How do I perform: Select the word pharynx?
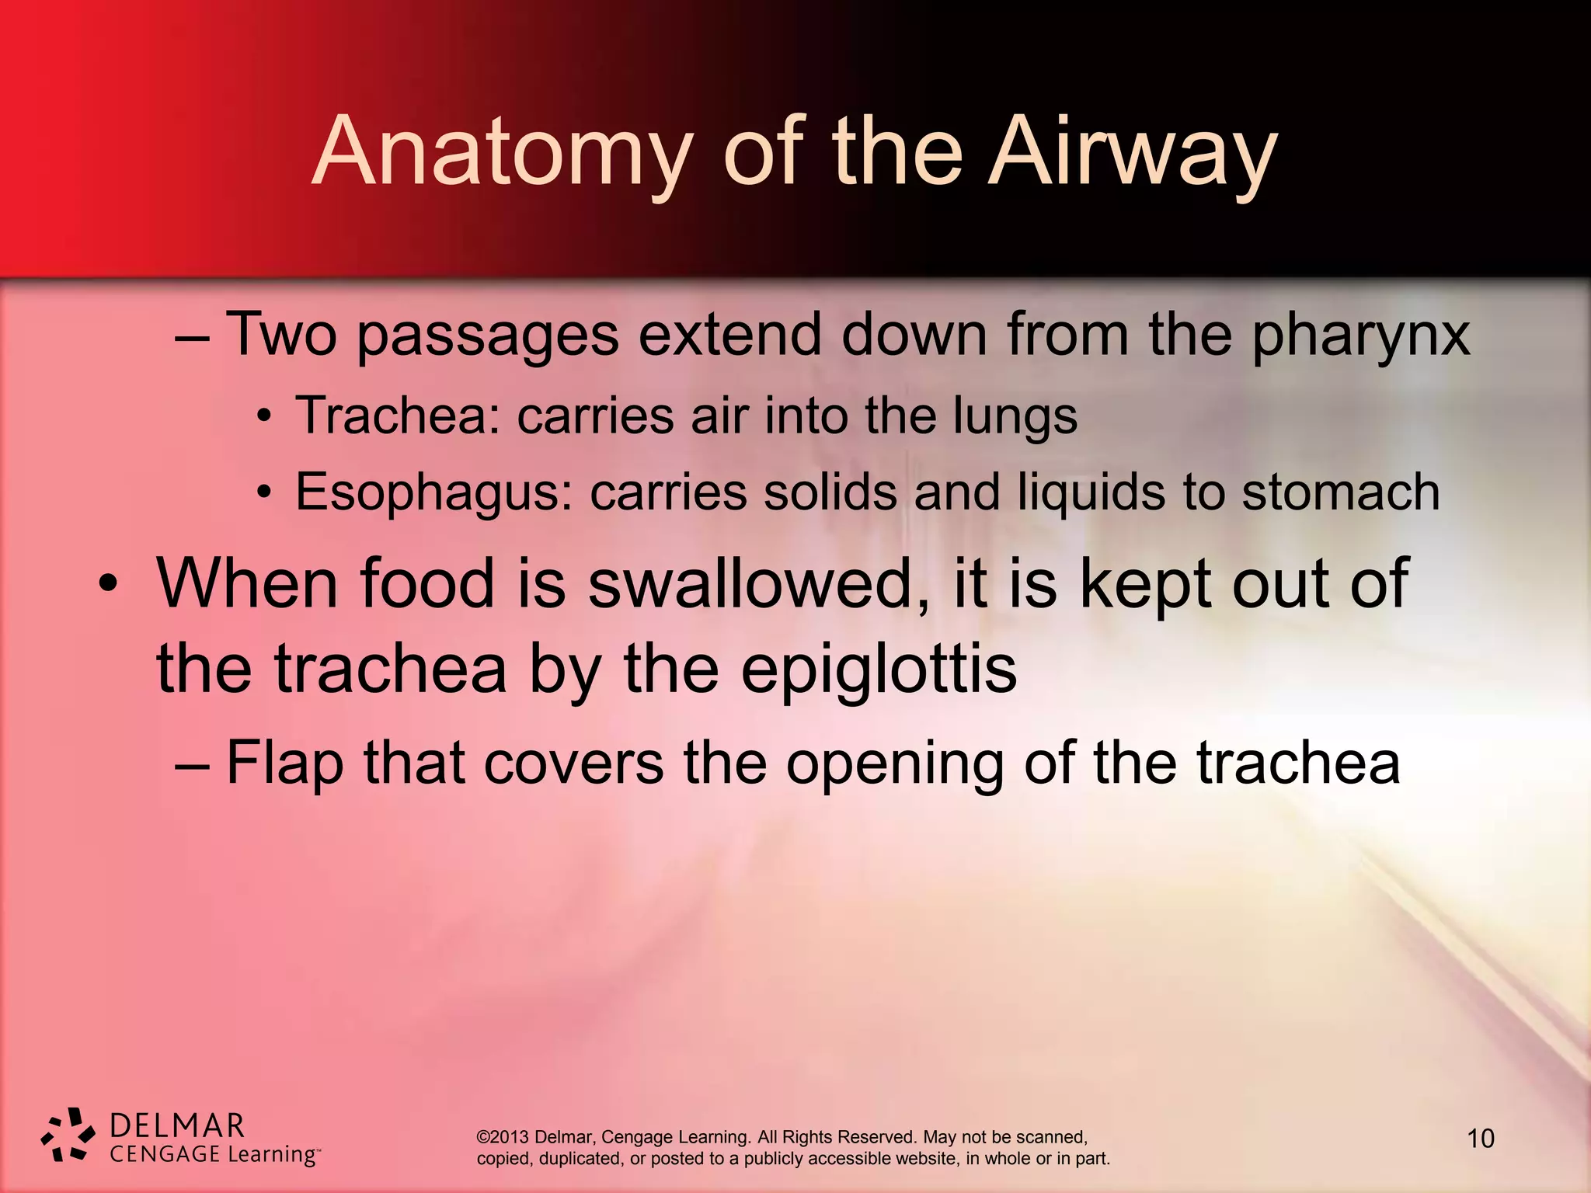click(x=1360, y=335)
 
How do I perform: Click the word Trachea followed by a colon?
click(x=398, y=416)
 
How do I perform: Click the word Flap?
click(x=284, y=764)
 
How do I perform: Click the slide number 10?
click(x=1480, y=1139)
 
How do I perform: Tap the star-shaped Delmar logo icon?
click(x=68, y=1135)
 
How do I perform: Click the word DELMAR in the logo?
click(x=177, y=1125)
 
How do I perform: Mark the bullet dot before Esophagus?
click(x=265, y=492)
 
